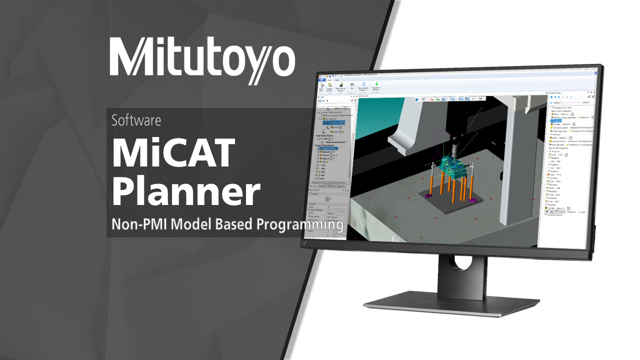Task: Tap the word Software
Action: (136, 120)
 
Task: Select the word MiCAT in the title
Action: (173, 152)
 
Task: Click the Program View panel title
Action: (555, 93)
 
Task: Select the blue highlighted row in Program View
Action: (556, 120)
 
